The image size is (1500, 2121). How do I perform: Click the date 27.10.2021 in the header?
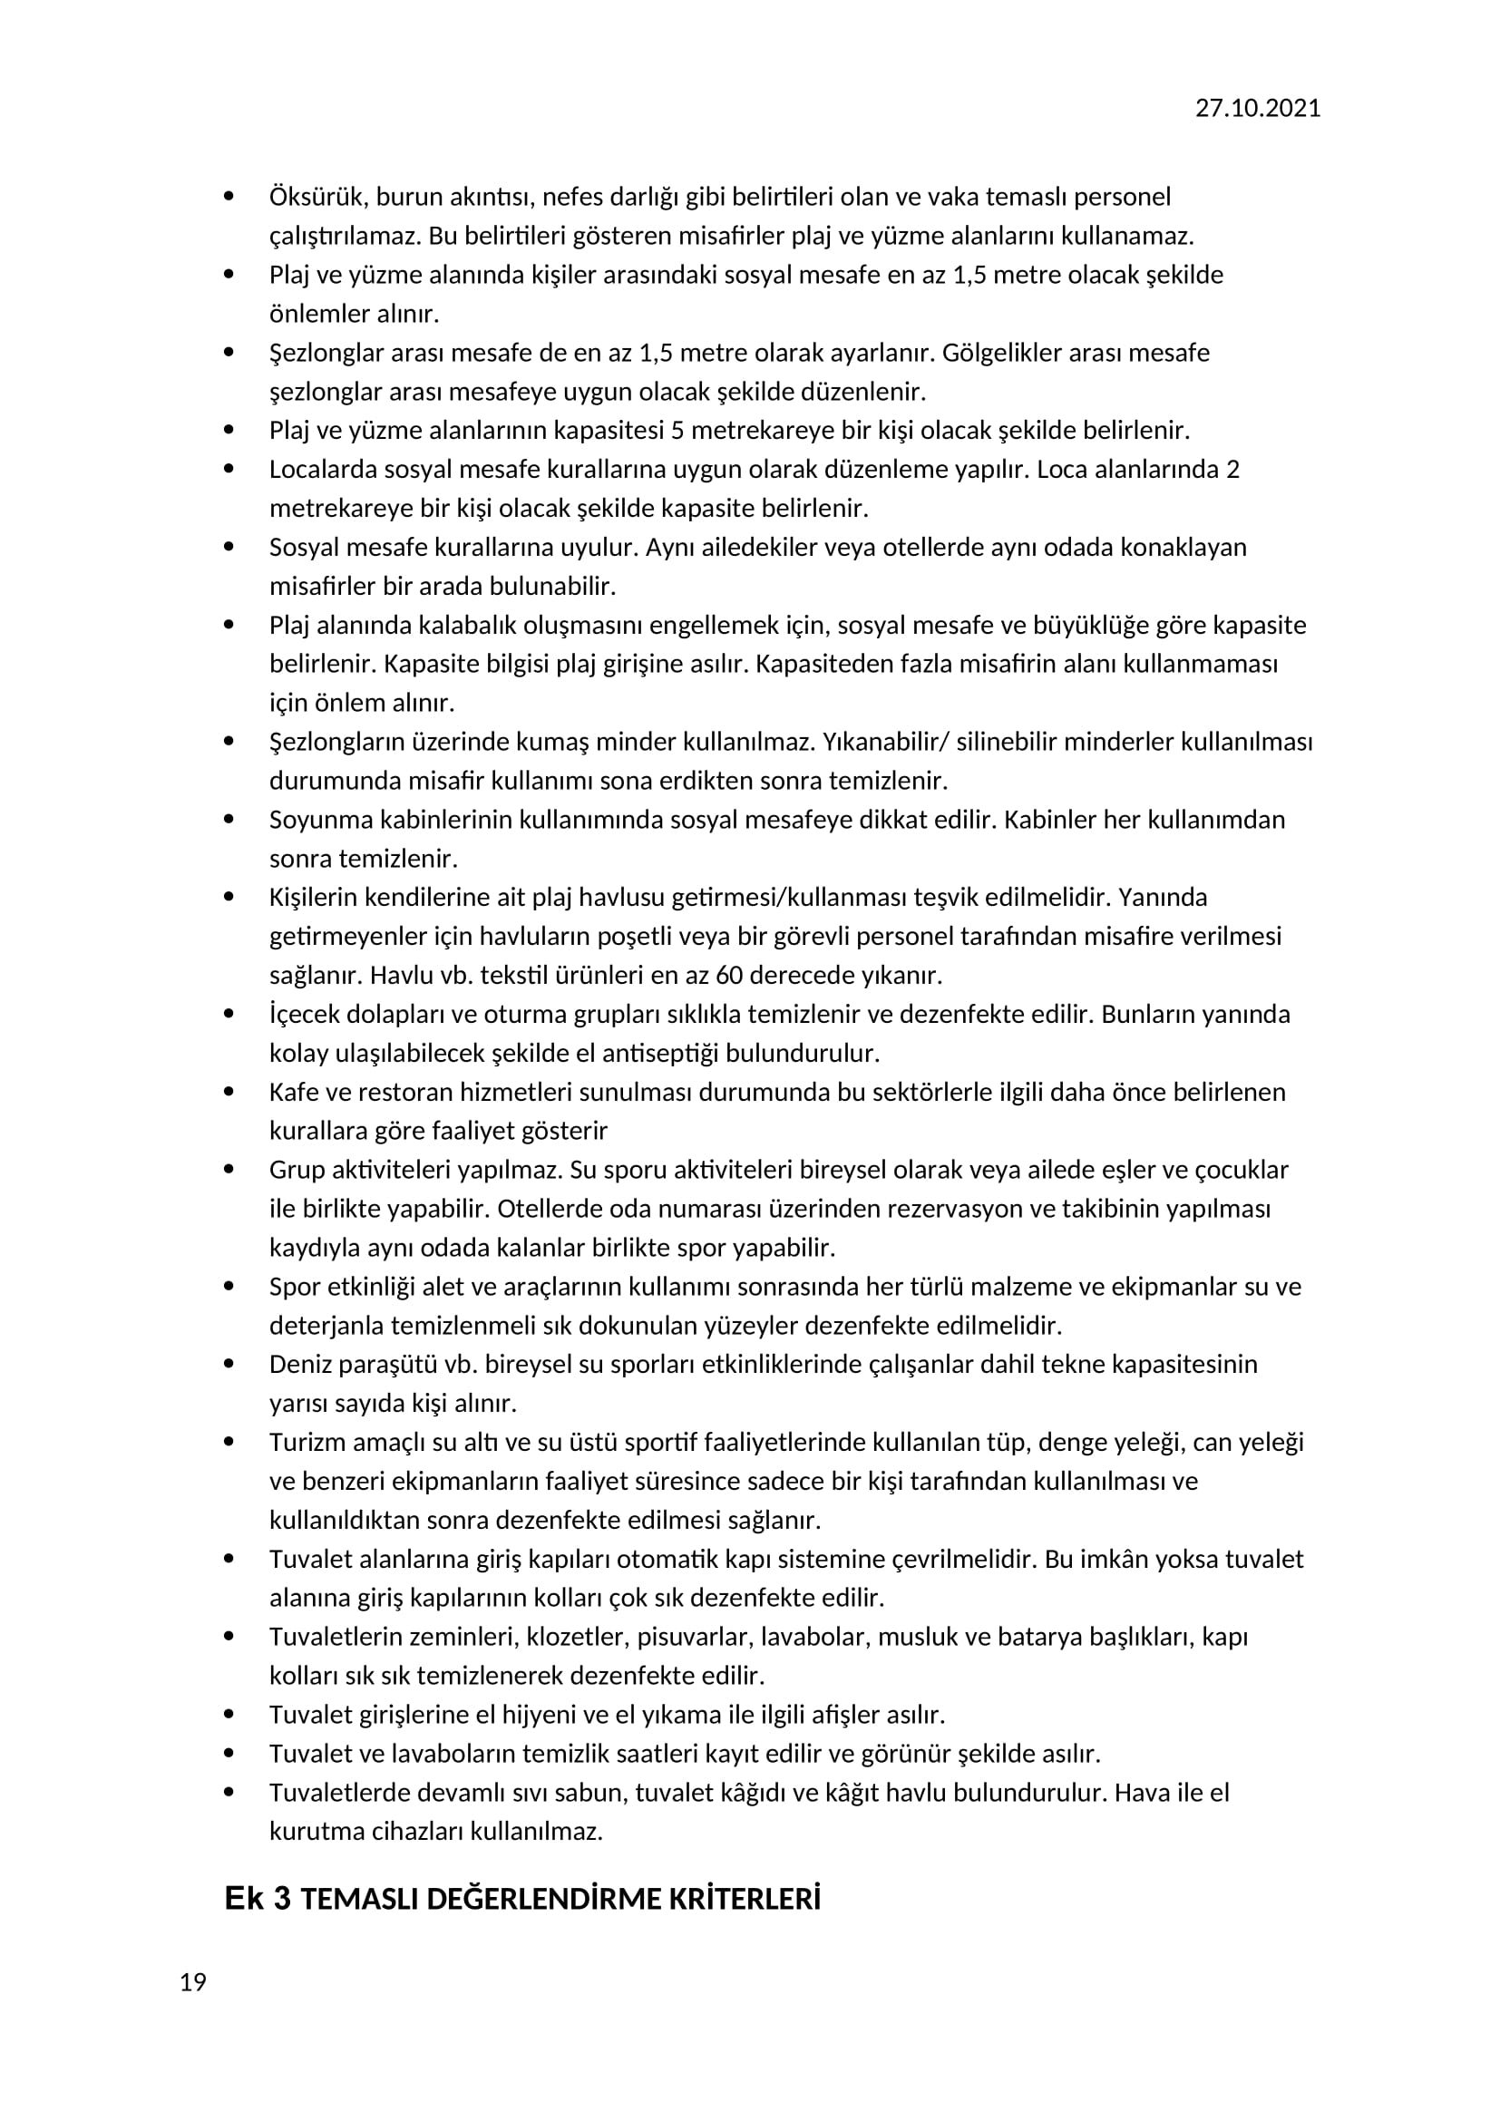(1257, 108)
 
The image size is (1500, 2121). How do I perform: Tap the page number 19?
(193, 1981)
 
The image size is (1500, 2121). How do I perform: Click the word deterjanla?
(326, 1326)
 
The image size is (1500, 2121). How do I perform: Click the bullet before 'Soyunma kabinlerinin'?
(229, 820)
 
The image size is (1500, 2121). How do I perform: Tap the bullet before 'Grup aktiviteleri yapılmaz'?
(229, 1170)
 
